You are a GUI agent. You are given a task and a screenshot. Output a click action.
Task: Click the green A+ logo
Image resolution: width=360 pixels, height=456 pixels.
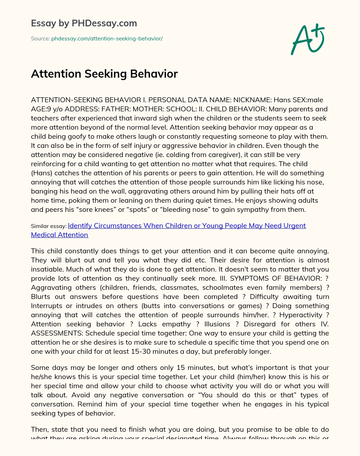(307, 40)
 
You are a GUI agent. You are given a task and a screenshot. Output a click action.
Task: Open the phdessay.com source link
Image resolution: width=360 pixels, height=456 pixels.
(107, 39)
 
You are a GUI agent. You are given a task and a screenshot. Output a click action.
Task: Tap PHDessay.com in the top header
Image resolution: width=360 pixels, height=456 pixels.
(104, 23)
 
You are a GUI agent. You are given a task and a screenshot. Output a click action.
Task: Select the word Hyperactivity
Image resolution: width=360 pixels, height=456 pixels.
(301, 315)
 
